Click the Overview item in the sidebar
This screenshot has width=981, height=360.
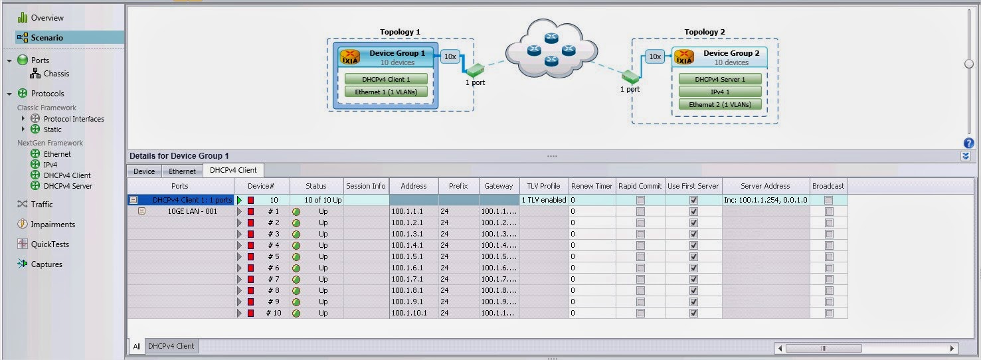(46, 18)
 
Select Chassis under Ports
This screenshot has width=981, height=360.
(56, 74)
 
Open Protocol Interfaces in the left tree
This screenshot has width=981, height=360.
(74, 119)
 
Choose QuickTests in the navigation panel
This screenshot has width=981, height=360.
(50, 244)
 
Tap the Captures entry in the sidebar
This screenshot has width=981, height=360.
(46, 264)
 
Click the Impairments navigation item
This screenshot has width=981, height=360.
(52, 225)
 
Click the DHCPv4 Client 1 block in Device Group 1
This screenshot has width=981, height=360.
(386, 80)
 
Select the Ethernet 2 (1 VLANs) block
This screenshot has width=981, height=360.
(720, 105)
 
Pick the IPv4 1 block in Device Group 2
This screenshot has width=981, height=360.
(720, 92)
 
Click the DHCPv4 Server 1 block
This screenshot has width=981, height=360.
(720, 80)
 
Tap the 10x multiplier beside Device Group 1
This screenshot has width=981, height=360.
(450, 57)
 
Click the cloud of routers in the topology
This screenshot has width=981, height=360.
(551, 49)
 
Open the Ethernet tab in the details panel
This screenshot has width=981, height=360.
(182, 171)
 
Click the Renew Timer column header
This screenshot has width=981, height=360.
(592, 187)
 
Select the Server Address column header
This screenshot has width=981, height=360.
(765, 187)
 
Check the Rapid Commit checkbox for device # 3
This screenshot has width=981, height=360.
(640, 234)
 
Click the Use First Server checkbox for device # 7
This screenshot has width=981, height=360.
(693, 279)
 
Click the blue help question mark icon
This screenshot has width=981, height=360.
(968, 143)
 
